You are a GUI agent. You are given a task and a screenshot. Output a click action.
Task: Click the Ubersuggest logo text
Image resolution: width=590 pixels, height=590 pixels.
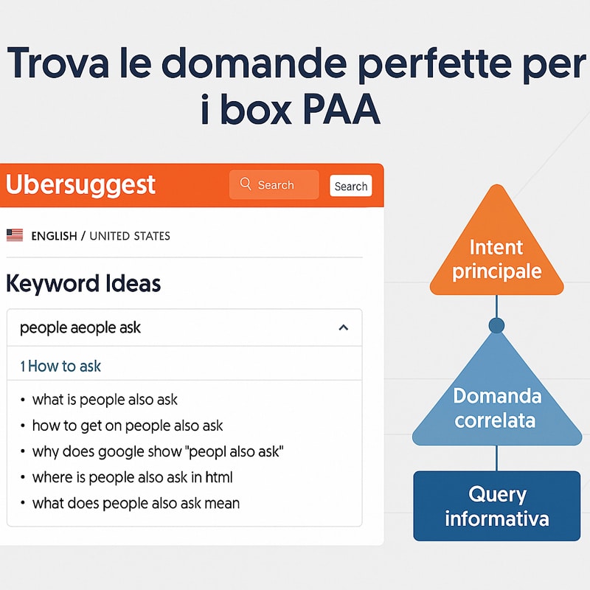click(x=80, y=185)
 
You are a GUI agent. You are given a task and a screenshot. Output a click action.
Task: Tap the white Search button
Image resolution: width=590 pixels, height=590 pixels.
click(x=351, y=186)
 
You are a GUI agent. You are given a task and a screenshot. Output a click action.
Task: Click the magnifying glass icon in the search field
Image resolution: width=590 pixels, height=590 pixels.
click(x=246, y=184)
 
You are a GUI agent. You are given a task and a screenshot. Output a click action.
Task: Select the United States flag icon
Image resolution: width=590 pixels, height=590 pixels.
click(x=15, y=235)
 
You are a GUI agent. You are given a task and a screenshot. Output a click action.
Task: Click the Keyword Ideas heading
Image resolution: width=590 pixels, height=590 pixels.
click(x=83, y=283)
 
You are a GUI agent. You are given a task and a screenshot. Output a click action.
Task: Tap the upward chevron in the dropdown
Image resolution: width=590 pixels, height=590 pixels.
click(x=343, y=327)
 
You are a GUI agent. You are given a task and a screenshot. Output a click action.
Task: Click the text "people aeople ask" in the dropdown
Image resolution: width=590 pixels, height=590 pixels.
click(x=80, y=327)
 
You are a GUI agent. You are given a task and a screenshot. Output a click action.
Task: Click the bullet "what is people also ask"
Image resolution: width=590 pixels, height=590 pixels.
click(x=105, y=400)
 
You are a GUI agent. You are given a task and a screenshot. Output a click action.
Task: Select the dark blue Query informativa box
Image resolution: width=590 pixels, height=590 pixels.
click(x=496, y=506)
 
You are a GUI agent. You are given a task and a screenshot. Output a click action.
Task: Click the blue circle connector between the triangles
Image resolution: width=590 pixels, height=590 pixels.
click(x=496, y=325)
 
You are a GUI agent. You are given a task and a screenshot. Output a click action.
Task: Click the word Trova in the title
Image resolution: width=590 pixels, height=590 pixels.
click(x=58, y=63)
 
